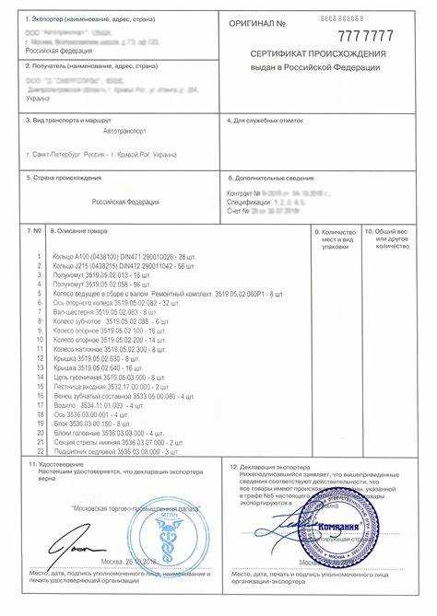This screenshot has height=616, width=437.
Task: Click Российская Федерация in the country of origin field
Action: (x=125, y=202)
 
